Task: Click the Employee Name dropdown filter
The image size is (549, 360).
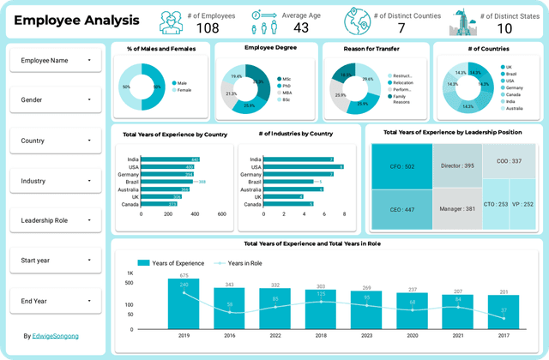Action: pos(56,60)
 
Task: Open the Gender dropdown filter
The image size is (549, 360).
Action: pos(56,100)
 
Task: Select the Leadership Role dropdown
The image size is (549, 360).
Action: pos(56,220)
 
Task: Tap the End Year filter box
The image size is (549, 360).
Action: pos(56,301)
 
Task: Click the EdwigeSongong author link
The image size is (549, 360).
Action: pos(57,336)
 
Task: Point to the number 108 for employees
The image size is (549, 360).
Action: pos(208,27)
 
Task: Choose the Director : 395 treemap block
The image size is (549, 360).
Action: pos(457,165)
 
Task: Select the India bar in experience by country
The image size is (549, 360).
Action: pos(170,159)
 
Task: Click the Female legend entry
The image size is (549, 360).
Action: pos(184,89)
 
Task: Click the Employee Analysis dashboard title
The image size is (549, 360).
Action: pos(77,20)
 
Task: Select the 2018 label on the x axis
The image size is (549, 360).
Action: pos(320,335)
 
